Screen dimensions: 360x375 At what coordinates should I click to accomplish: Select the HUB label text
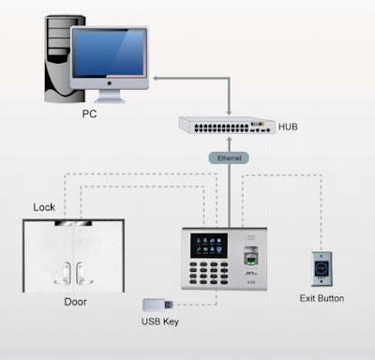(x=289, y=125)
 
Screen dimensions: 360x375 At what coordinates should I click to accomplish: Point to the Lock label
(x=44, y=206)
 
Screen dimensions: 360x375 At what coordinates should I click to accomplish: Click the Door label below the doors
(x=75, y=302)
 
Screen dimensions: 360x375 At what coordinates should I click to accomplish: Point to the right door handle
(x=86, y=271)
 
